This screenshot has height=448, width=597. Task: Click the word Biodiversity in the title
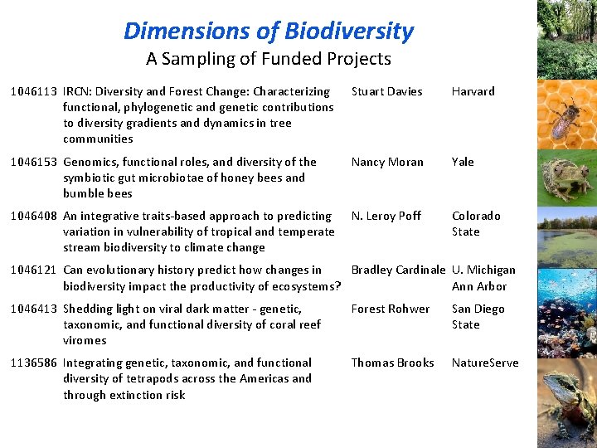(348, 32)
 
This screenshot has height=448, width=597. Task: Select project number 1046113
(35, 91)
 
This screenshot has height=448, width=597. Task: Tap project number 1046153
(35, 162)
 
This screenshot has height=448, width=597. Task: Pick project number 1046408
(35, 216)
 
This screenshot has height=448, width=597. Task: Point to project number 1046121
(35, 270)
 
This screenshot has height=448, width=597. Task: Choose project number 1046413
(35, 309)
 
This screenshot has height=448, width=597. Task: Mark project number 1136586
(35, 363)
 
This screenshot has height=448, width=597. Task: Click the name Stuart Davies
(386, 91)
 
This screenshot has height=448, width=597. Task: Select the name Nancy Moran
(387, 162)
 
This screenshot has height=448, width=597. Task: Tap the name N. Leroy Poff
(386, 216)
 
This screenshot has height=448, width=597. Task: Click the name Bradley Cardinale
(399, 270)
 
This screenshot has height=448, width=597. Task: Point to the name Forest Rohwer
(391, 309)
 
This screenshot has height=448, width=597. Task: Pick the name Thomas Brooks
(392, 363)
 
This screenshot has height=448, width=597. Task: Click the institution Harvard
(473, 91)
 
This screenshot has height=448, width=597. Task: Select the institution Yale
(463, 162)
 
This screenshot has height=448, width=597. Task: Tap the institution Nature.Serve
(485, 363)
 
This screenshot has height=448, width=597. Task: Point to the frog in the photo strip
(565, 176)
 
